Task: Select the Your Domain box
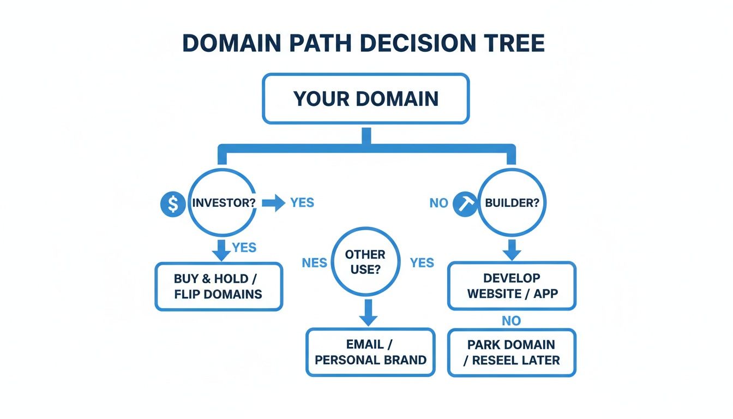(x=366, y=99)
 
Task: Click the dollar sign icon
(x=173, y=203)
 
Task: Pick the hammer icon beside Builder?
(x=465, y=203)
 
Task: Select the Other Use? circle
(x=365, y=261)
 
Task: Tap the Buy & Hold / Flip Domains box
(x=219, y=286)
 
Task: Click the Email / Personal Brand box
(x=370, y=352)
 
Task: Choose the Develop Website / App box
(x=512, y=286)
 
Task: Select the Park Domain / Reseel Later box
(x=512, y=352)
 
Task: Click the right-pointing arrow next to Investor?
(x=273, y=203)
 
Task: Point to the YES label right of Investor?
(x=302, y=203)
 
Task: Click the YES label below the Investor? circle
(x=244, y=247)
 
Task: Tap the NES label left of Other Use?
(x=314, y=263)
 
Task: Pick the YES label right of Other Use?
(x=422, y=263)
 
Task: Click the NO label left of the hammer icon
(x=438, y=203)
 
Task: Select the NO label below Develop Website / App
(x=512, y=320)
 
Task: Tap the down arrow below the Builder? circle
(x=511, y=249)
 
